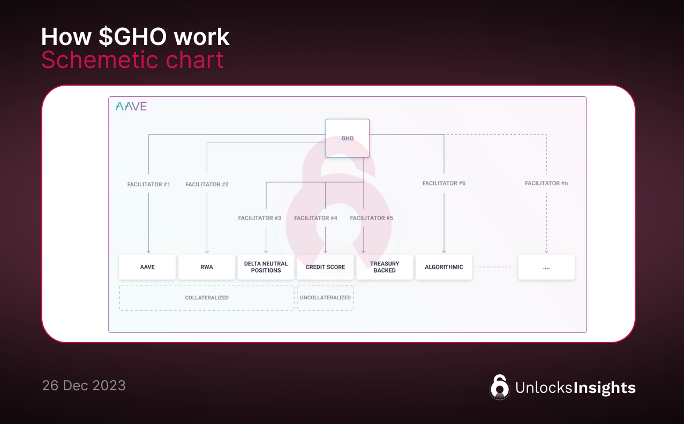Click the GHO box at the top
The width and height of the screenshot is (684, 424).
348,138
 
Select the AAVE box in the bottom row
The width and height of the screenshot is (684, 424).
147,267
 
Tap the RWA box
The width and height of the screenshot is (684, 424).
207,267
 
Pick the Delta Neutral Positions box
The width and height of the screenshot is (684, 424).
266,267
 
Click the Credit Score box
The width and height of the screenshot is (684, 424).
325,267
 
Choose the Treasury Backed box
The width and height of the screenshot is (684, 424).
385,267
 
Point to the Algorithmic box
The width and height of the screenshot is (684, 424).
444,267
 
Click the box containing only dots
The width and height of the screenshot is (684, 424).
546,267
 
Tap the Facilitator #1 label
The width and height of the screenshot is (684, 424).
148,184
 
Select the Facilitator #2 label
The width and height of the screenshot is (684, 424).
207,184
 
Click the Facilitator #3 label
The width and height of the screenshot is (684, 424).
259,218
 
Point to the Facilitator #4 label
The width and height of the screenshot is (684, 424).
315,218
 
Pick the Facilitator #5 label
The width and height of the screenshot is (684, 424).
371,218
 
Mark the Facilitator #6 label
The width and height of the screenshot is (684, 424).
444,183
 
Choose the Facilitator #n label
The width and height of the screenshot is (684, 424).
546,183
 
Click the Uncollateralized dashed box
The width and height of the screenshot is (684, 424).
325,298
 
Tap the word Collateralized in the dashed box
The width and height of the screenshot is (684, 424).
207,298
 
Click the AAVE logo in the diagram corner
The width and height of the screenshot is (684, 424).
131,106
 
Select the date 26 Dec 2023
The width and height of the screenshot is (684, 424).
84,385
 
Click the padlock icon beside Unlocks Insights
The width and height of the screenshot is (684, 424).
499,387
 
